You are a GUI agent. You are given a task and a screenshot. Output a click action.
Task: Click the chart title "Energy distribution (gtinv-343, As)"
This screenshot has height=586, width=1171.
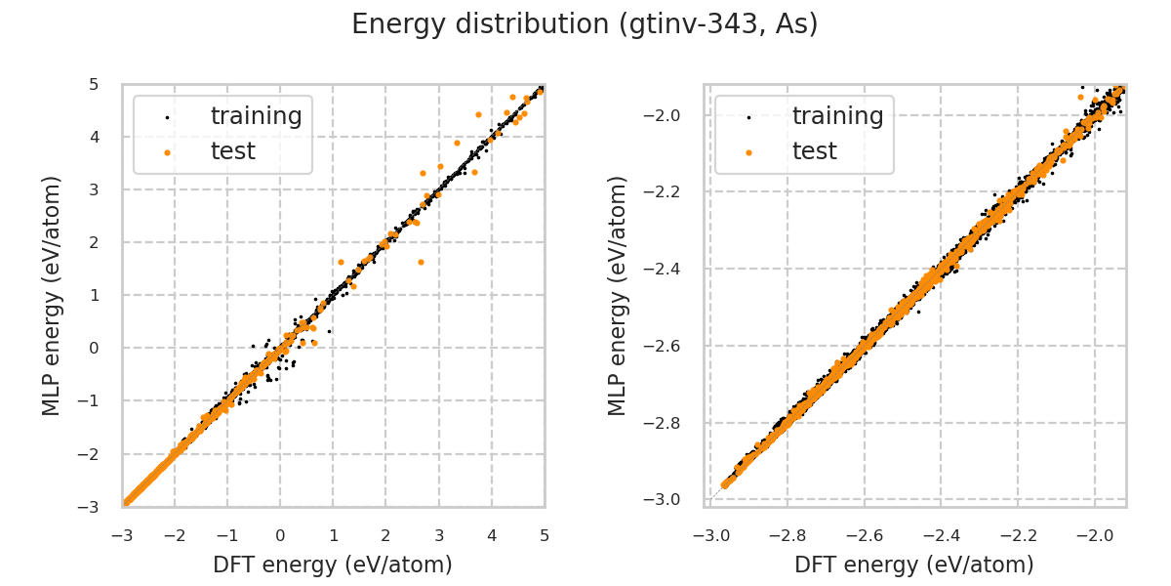click(x=585, y=24)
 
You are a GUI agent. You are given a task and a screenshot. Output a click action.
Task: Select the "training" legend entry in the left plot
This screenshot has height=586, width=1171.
click(x=256, y=116)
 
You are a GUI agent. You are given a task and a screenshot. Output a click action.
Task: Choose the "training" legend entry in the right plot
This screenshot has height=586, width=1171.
click(x=837, y=116)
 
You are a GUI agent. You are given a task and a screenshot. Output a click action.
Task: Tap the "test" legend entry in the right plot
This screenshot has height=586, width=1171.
click(x=814, y=151)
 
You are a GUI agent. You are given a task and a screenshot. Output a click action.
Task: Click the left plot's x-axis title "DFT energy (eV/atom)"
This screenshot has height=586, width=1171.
click(x=333, y=565)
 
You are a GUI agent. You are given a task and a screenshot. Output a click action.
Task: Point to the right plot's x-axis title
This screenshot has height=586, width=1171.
click(x=914, y=565)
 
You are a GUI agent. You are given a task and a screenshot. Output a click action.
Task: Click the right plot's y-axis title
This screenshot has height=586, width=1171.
click(x=617, y=295)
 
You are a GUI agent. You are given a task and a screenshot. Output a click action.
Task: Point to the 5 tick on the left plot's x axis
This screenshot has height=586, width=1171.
click(x=545, y=535)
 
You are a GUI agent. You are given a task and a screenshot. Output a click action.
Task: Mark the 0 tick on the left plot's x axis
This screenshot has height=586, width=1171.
click(x=280, y=535)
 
